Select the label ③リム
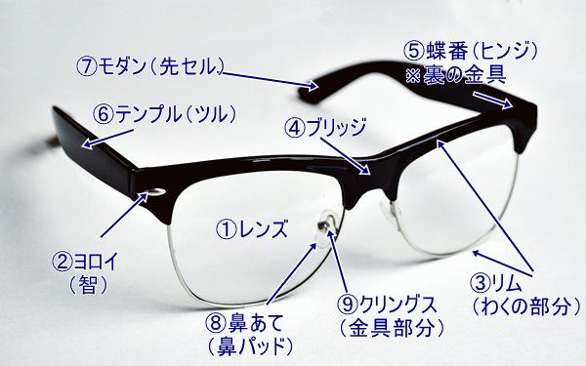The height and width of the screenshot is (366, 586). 503,284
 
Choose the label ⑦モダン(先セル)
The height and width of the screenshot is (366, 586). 151,67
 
